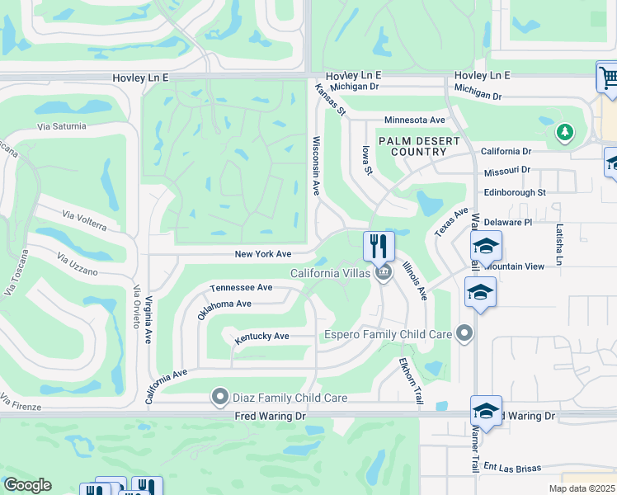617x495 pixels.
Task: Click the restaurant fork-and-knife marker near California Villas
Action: (379, 245)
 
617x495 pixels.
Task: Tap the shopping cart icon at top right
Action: (608, 78)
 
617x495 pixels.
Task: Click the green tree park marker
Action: (564, 133)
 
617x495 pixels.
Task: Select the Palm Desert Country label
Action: (418, 147)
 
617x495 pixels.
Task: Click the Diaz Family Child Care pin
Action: (220, 398)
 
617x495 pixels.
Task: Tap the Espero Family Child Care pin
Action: (465, 334)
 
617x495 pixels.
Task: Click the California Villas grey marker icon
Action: (383, 273)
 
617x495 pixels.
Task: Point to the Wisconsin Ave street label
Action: (315, 166)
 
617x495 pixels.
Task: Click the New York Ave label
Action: (263, 254)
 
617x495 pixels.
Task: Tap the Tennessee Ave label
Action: (241, 287)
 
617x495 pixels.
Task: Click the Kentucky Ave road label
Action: (261, 337)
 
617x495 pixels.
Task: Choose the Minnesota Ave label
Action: (414, 120)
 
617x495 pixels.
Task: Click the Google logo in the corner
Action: (27, 485)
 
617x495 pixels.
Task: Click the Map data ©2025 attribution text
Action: (582, 488)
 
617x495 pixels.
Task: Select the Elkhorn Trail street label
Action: (411, 380)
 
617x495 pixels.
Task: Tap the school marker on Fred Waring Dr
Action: (486, 411)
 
